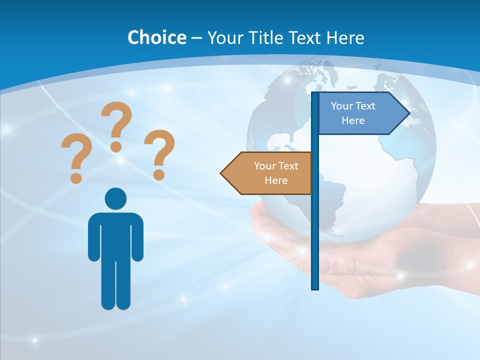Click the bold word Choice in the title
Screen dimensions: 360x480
point(156,37)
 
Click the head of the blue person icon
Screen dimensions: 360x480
point(115,198)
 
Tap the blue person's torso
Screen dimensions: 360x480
point(115,235)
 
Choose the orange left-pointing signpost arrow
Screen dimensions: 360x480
point(270,173)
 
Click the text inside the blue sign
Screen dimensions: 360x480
point(353,113)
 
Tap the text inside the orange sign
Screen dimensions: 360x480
point(276,173)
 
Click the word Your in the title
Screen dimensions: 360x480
point(225,37)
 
